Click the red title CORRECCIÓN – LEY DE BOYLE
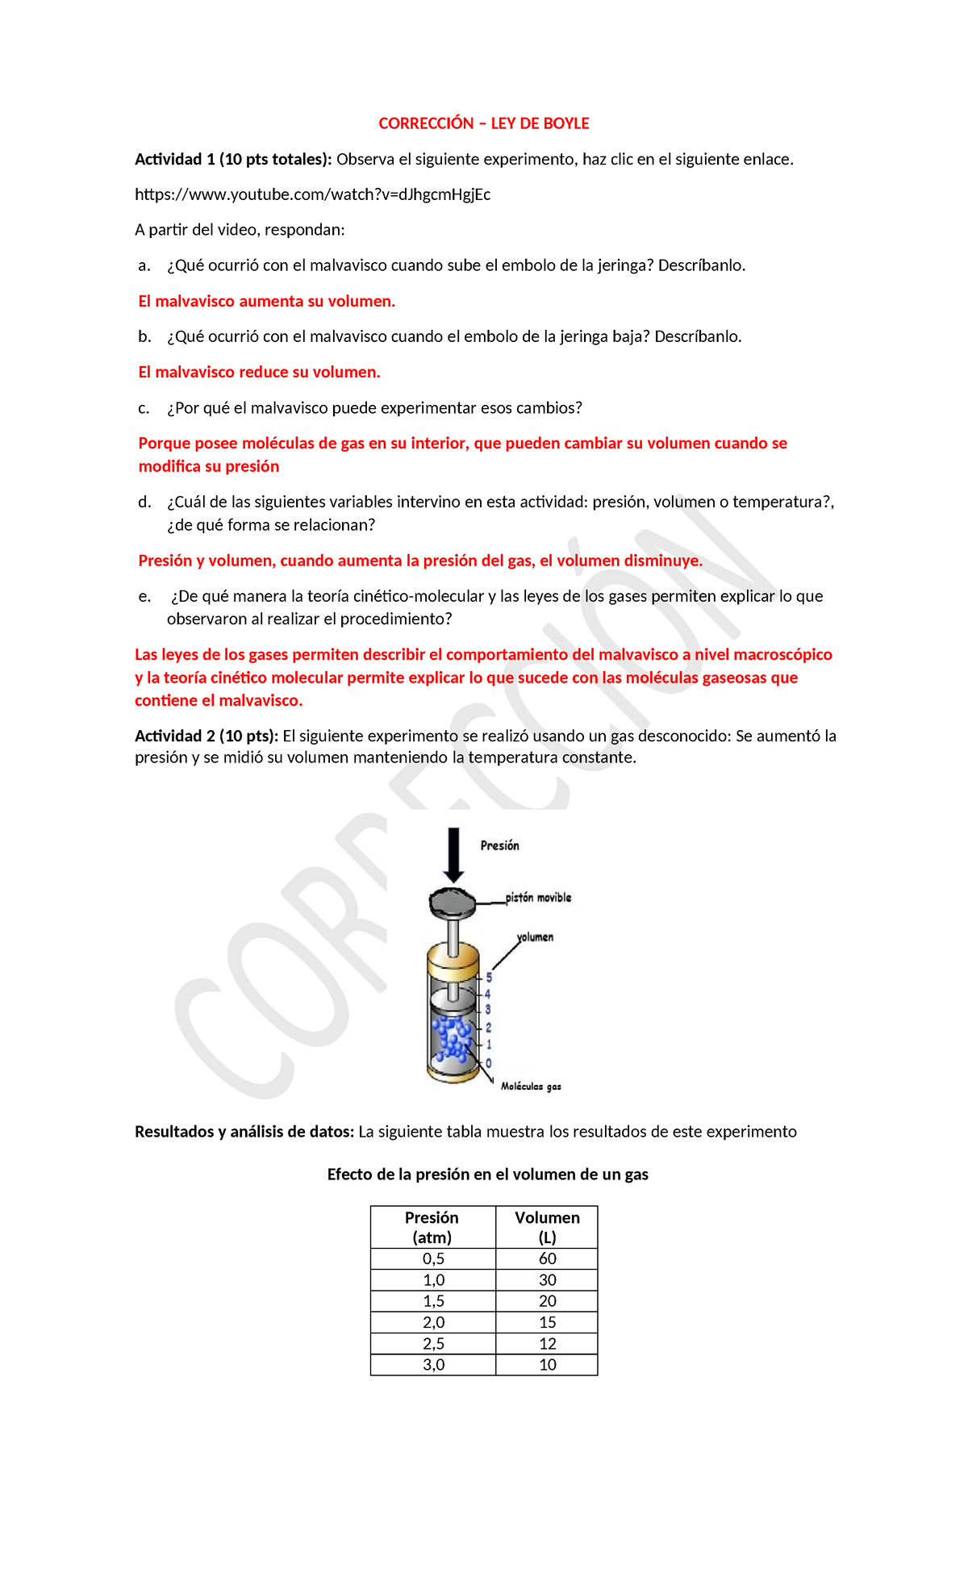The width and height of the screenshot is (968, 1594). click(x=484, y=123)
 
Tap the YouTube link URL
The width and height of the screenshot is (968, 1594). click(x=312, y=194)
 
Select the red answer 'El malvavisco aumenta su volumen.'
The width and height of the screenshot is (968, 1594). click(x=266, y=302)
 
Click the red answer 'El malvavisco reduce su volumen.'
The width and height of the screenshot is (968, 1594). click(x=259, y=373)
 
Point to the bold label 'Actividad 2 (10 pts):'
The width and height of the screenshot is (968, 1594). click(x=207, y=736)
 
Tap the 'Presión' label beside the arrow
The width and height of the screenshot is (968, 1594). click(x=499, y=845)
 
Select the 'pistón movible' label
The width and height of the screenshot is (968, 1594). click(x=538, y=898)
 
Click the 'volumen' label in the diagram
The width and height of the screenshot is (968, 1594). click(x=536, y=937)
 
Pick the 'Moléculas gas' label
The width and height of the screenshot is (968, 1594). click(x=531, y=1087)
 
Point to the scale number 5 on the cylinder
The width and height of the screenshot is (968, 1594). click(x=489, y=978)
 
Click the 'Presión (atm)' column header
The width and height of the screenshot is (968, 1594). click(x=432, y=1227)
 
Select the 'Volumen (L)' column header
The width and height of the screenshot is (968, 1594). click(x=547, y=1227)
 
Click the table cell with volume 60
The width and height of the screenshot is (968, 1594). click(x=547, y=1259)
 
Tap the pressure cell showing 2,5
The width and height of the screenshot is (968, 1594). click(x=433, y=1344)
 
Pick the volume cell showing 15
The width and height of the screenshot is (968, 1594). click(x=547, y=1322)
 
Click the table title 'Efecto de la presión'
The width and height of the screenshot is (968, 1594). click(x=487, y=1175)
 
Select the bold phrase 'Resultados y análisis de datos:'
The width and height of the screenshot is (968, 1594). click(x=244, y=1132)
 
